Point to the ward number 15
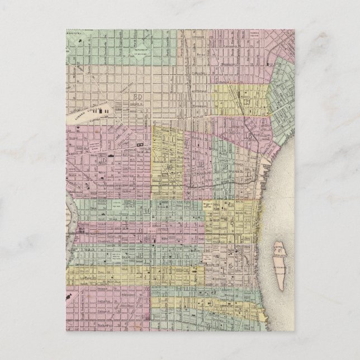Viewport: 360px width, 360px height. click(103, 160)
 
